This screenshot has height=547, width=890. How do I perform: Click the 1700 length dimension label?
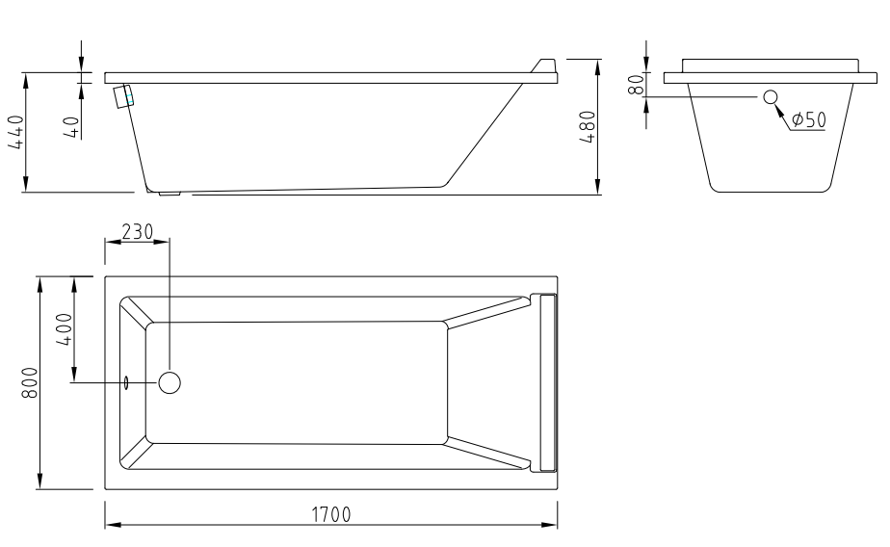coord(331,514)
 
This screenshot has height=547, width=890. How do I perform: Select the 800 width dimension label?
coord(30,382)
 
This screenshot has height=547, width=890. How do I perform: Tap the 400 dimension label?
coord(65,329)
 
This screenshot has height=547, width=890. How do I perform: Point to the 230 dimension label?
coord(138,231)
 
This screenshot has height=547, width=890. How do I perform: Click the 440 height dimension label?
coord(15,132)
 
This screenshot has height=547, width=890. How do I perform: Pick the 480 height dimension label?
coord(588,127)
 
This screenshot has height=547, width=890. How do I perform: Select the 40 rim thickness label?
coord(70,126)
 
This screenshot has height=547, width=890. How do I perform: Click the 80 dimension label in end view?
coord(637,85)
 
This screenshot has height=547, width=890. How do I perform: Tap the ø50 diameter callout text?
coord(808,119)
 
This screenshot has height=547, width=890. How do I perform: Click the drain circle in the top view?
coord(170,382)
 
